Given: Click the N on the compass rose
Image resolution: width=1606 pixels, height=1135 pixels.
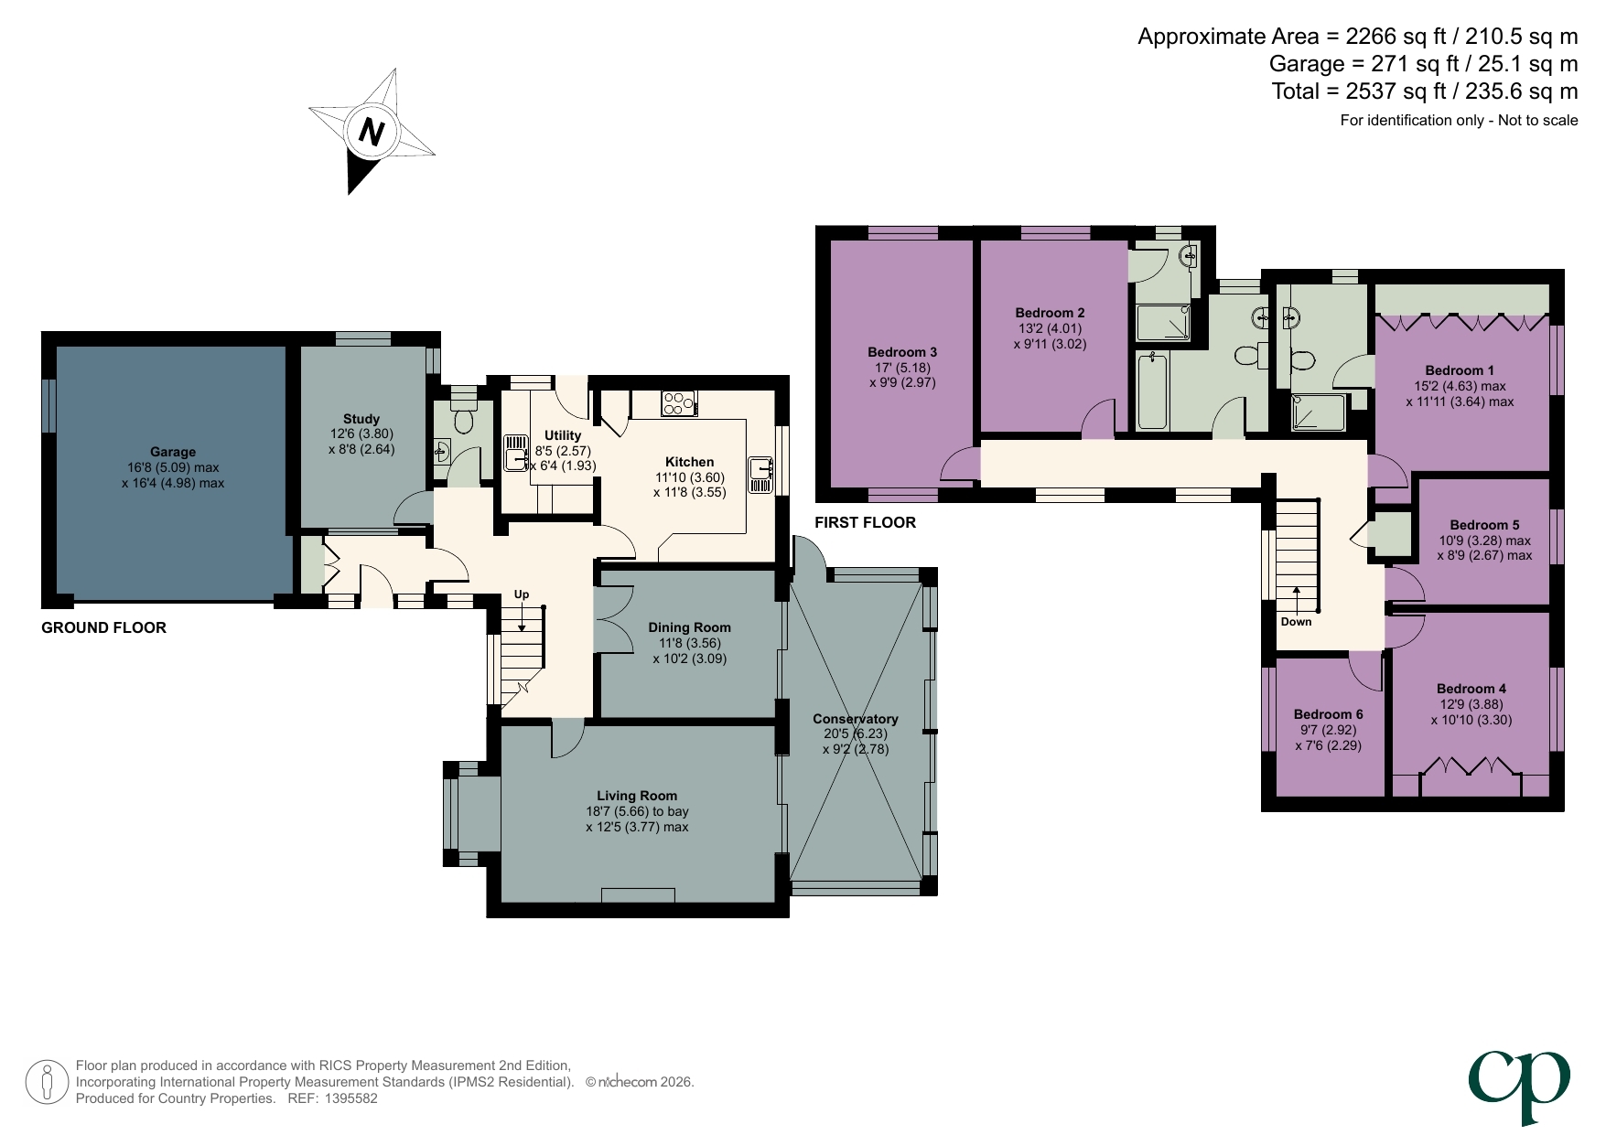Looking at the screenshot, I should coord(371,132).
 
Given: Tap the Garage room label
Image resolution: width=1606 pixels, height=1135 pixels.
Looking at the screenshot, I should coord(173,452).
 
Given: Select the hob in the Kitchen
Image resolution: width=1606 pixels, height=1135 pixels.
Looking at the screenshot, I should coord(678,402).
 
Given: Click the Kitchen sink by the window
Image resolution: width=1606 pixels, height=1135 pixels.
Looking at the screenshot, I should coord(760,474).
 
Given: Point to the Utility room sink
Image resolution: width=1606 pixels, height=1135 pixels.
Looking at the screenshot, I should coord(515,453).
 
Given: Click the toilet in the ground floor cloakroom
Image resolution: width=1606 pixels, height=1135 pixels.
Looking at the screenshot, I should coord(464,420).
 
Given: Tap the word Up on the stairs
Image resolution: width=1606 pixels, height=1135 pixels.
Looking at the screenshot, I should coord(522,594).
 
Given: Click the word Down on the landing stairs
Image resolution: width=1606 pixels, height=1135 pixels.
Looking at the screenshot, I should coord(1296,622).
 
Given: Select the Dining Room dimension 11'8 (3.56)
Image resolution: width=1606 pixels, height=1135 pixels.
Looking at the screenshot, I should coord(690,643).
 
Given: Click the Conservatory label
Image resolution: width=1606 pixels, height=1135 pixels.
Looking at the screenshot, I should coord(856,719).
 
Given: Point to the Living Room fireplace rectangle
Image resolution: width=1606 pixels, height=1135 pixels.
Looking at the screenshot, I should coord(638,894).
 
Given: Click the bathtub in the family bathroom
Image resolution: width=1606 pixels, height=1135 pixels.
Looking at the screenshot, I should coord(1153,391).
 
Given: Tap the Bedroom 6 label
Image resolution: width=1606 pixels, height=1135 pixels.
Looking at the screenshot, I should coord(1328,714).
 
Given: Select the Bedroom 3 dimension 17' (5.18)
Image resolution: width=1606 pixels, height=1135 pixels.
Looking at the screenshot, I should coord(902,368).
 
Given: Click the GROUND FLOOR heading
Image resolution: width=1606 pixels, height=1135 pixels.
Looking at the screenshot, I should coord(103,627).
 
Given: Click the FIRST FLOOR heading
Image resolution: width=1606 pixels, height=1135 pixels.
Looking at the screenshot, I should coord(865,522).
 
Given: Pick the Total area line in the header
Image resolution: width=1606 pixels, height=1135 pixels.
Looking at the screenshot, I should coord(1424,91).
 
